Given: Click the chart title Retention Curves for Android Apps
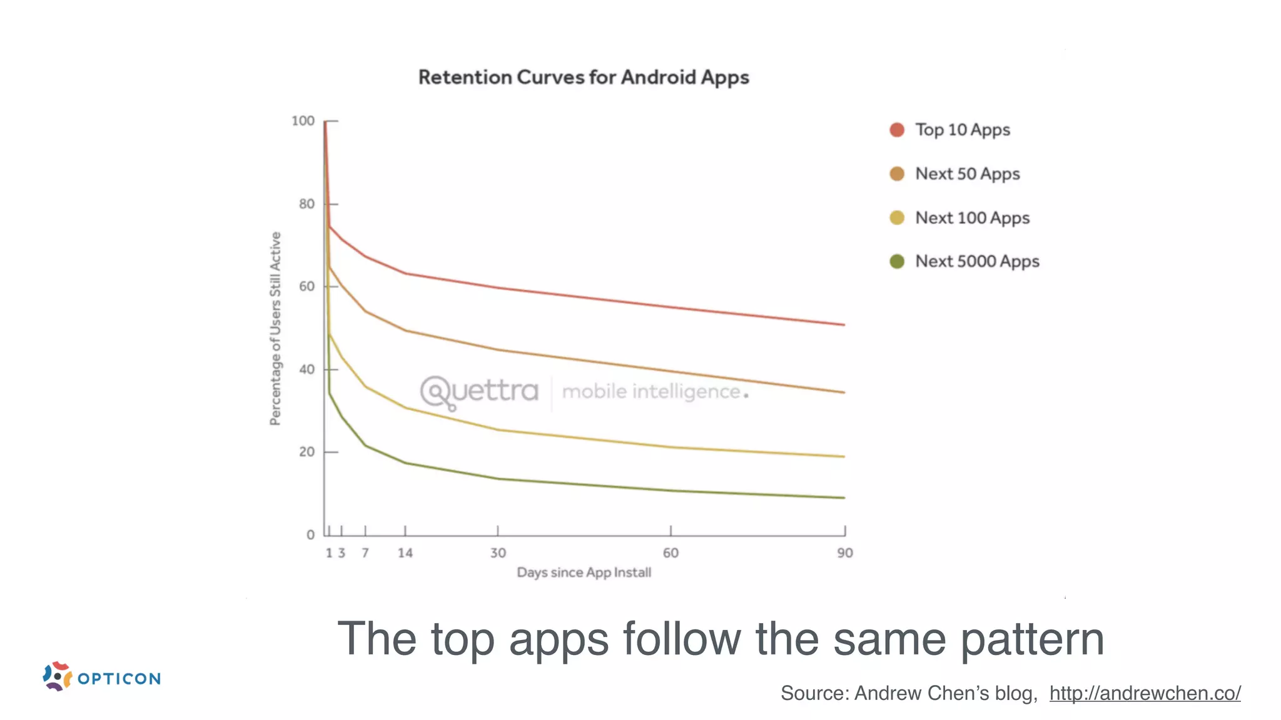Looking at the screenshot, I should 584,77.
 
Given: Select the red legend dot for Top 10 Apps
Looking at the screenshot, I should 897,130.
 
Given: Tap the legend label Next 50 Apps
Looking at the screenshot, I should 967,174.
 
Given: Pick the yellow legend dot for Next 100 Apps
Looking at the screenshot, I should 897,217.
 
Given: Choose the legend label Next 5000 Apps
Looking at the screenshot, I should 977,261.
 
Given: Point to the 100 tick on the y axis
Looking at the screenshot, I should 303,121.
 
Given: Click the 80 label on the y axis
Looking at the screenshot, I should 306,204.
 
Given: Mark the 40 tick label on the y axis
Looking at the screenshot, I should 306,369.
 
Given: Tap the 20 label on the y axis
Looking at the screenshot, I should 306,452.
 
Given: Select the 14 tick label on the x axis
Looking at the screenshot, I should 405,553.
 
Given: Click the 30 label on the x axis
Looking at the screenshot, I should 498,553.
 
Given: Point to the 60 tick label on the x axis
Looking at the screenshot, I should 671,553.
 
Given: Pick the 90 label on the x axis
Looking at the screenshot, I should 845,553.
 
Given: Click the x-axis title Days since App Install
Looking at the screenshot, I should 584,572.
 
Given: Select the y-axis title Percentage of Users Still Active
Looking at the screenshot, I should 275,329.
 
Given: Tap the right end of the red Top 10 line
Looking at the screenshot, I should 844,324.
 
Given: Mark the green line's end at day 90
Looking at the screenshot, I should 844,497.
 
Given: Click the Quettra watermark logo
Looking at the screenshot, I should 479,392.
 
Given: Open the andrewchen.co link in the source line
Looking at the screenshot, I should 1145,693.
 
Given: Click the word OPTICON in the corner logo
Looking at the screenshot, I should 119,679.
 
